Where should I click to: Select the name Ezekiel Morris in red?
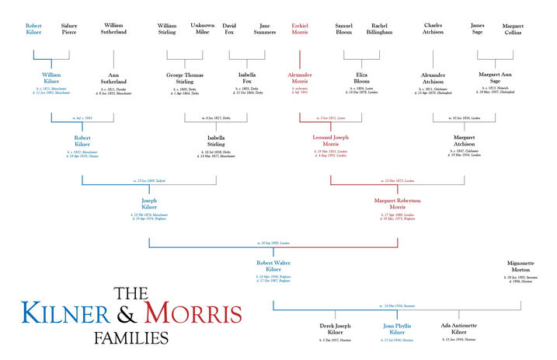click(300, 30)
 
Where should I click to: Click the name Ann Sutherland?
click(113, 80)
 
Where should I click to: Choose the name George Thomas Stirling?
click(184, 80)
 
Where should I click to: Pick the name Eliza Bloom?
click(361, 80)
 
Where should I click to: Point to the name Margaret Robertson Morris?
click(397, 204)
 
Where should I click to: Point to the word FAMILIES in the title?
click(131, 338)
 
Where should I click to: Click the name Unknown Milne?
click(203, 30)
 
